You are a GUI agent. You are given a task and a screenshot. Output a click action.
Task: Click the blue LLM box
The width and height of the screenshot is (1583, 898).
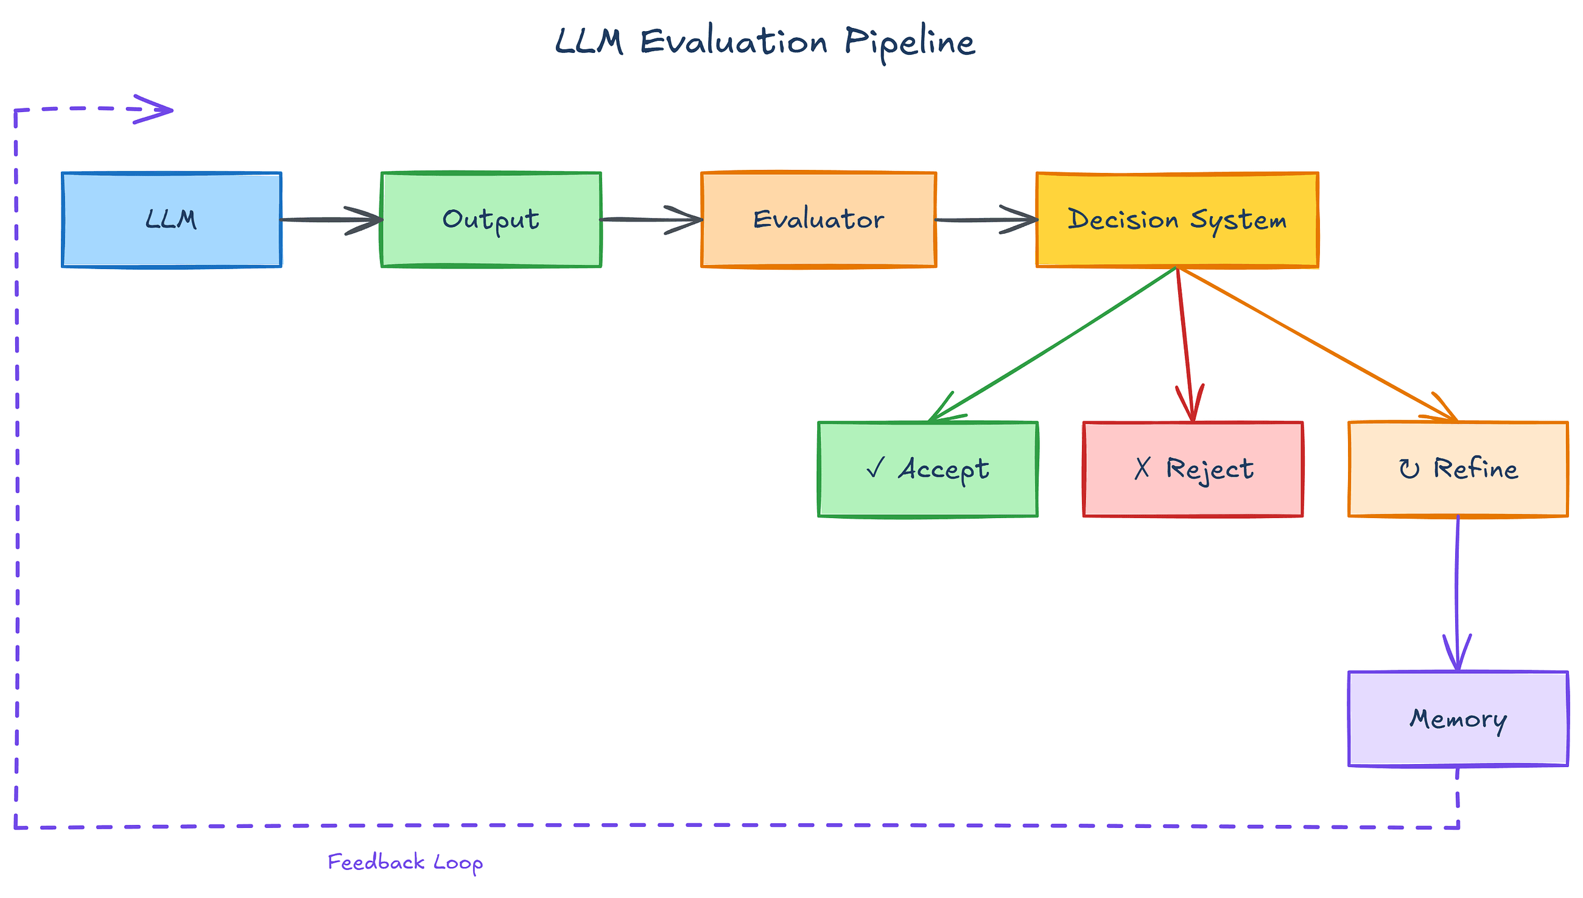(172, 220)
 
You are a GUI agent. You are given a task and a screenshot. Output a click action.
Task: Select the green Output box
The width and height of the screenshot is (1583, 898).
(491, 220)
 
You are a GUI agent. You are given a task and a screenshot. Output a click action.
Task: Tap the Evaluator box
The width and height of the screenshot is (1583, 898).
(818, 220)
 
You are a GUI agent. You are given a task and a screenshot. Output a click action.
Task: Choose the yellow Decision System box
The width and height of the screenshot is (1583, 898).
(1177, 220)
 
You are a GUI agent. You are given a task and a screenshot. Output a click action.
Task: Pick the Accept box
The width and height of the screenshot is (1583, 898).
(927, 469)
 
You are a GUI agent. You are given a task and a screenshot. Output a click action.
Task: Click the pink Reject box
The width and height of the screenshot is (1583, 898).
(1193, 469)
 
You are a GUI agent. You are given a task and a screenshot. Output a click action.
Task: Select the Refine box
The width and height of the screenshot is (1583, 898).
(1458, 469)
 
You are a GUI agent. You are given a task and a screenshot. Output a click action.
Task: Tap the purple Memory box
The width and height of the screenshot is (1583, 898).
(1458, 719)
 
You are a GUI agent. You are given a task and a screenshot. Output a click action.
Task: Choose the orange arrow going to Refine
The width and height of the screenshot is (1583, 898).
(1316, 344)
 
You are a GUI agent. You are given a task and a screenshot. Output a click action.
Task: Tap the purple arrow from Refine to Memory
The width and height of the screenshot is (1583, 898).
(1457, 592)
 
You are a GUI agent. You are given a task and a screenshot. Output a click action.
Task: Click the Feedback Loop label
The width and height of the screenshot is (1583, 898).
(404, 863)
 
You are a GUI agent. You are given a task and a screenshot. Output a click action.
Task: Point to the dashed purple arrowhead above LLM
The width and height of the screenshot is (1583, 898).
(154, 110)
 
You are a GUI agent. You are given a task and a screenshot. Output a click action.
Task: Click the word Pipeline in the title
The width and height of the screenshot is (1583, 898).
(909, 43)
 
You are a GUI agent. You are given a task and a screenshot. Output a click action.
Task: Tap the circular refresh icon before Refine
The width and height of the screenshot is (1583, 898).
(1409, 469)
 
